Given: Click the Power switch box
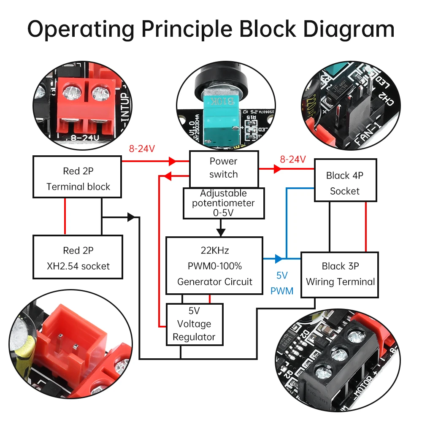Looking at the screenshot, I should (x=223, y=168).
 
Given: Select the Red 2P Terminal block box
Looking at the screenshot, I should (x=78, y=179).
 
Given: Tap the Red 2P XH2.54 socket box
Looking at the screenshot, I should (x=78, y=258).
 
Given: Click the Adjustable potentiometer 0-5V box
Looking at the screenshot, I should (x=223, y=203).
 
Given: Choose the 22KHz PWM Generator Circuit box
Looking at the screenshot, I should (x=214, y=266).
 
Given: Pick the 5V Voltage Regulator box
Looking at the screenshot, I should (x=194, y=324).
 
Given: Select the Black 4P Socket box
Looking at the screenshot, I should (x=345, y=183).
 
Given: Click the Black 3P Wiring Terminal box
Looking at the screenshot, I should (x=340, y=274).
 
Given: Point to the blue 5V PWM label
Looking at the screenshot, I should (x=282, y=283).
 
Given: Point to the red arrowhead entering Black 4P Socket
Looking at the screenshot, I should (x=277, y=169).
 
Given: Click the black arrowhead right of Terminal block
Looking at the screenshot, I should (x=131, y=217).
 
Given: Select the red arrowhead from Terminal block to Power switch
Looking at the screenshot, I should (x=172, y=161).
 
